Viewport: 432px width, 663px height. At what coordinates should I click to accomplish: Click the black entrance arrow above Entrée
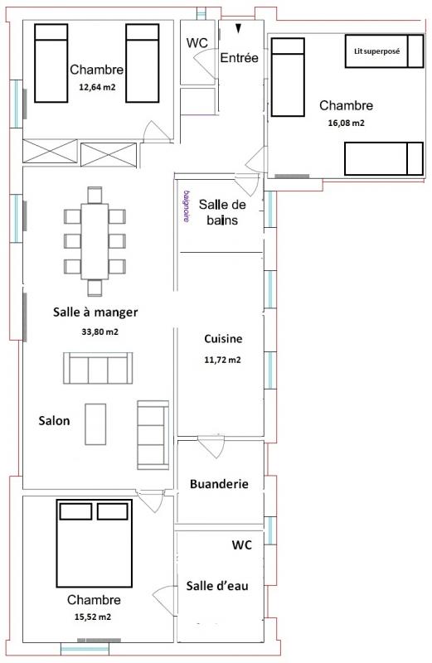pos(239,28)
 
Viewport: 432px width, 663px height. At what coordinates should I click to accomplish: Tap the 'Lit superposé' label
pos(376,51)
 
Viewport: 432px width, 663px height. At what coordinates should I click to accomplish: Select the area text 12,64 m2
pos(97,88)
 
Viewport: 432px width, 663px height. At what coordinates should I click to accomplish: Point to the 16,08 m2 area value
pos(346,123)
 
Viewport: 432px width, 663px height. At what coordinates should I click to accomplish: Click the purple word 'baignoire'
pos(187,206)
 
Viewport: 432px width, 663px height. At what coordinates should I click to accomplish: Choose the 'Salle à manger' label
pos(95,312)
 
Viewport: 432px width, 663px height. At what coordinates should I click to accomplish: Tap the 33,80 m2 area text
pos(100,332)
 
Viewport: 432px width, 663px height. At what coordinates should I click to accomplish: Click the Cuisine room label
pos(223,339)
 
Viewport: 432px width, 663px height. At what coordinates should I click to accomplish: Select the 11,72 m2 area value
pos(222,360)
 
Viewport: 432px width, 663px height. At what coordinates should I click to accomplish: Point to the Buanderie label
pos(219,484)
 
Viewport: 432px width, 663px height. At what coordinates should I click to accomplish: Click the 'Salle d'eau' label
pos(217,586)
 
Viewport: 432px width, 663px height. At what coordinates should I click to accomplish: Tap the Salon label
pos(54,421)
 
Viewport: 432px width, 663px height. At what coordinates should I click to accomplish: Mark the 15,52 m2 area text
pos(93,617)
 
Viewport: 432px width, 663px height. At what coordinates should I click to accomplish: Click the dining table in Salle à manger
pos(95,241)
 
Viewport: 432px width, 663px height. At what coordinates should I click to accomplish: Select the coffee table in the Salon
pos(95,424)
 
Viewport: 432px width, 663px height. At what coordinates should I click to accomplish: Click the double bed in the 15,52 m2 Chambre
pos(95,544)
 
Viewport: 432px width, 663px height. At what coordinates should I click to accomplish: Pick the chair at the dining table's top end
pos(95,195)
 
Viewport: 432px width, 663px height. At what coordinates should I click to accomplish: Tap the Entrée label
pos(239,58)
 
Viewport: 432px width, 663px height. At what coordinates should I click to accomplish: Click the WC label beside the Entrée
pos(197,43)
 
